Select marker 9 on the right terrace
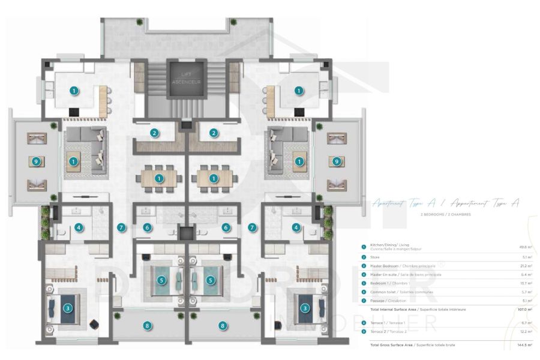(x=337, y=161)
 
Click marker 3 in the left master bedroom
(x=68, y=308)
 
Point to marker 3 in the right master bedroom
(x=305, y=308)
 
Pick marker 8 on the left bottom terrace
(x=148, y=326)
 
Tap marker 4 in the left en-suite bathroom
(x=78, y=227)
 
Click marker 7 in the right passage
(x=252, y=227)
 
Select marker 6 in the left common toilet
(x=148, y=227)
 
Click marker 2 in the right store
(x=213, y=133)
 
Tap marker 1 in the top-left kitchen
(x=74, y=91)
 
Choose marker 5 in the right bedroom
(x=211, y=280)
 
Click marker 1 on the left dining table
(x=159, y=178)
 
